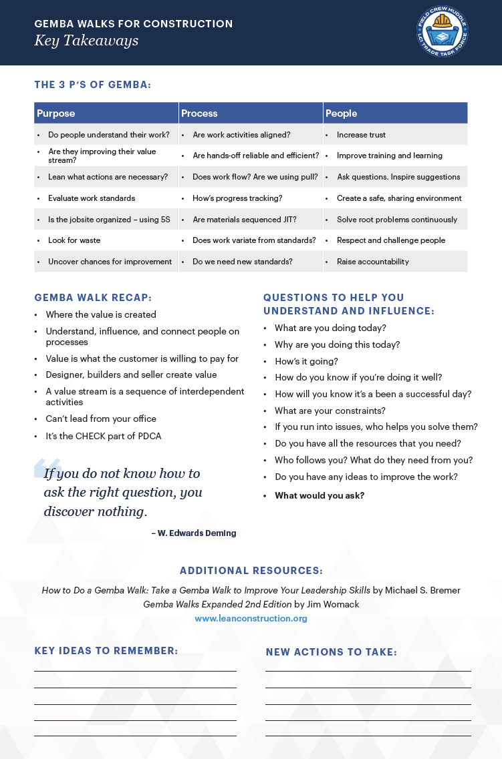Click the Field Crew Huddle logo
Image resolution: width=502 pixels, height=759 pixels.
(x=442, y=31)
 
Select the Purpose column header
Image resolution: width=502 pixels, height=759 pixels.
(x=56, y=113)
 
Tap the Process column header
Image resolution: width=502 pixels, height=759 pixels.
(x=199, y=113)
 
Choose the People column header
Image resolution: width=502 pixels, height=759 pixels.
(x=342, y=113)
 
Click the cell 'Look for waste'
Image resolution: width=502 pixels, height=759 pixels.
(x=74, y=240)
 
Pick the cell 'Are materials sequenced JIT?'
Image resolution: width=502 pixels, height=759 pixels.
(x=245, y=220)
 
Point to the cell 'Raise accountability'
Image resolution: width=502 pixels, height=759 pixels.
(x=373, y=262)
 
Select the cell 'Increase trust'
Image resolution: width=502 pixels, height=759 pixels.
(x=361, y=135)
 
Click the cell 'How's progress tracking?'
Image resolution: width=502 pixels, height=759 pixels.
(x=237, y=198)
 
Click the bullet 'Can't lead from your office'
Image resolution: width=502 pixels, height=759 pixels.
(x=101, y=419)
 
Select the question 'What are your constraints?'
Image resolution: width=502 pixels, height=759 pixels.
(x=330, y=411)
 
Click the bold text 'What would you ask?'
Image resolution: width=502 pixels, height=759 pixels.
(x=320, y=495)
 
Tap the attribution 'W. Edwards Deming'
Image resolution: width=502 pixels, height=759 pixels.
(x=197, y=533)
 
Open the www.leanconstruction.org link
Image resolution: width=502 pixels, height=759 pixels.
(x=251, y=619)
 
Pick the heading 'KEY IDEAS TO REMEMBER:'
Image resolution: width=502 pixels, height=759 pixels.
(x=106, y=651)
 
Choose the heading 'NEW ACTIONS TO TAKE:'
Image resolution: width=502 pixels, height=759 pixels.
(x=332, y=652)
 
